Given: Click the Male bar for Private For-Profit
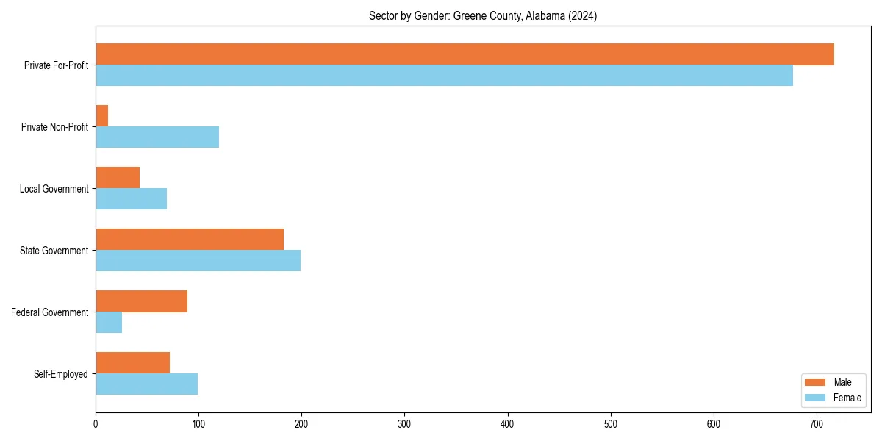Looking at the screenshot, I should [465, 54].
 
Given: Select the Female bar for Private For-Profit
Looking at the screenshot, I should [444, 76].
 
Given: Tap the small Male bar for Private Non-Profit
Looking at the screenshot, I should [102, 116].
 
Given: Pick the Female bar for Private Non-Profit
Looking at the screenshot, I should [157, 137].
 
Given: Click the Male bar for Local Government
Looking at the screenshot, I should [118, 178].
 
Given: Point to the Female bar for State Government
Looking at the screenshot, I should [198, 261].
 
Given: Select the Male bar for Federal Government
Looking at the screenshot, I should [141, 301].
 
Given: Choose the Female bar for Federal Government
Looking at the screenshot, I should [109, 323].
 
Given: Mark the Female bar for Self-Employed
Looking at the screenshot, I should [146, 384].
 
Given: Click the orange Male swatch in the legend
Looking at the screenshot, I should [816, 382].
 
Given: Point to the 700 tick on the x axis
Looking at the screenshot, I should [816, 423].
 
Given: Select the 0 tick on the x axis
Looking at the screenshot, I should [96, 423].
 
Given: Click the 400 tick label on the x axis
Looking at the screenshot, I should [507, 423].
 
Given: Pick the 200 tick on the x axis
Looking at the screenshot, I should [301, 423].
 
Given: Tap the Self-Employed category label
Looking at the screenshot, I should [61, 374].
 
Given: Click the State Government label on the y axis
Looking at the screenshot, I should [54, 251].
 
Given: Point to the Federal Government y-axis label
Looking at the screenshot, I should [50, 312].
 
